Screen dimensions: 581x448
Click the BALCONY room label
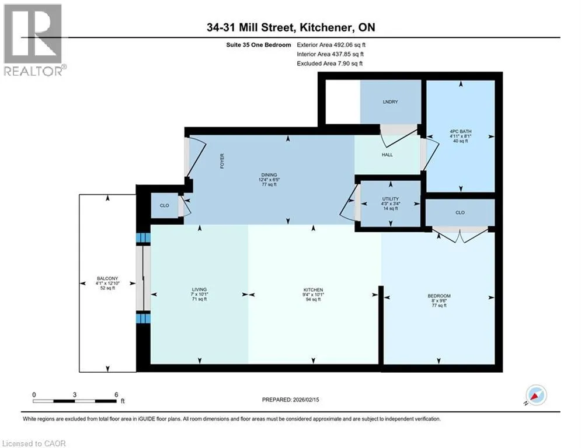pyautogui.click(x=107, y=278)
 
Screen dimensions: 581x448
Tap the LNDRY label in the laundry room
pyautogui.click(x=390, y=102)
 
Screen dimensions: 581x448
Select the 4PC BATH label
pyautogui.click(x=461, y=131)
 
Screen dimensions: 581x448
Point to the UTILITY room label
pyautogui.click(x=391, y=199)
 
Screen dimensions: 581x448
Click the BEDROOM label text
pyautogui.click(x=439, y=296)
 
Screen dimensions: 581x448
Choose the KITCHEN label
pyautogui.click(x=314, y=290)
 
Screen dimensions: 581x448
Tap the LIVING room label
pyautogui.click(x=199, y=289)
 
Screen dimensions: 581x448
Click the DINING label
pyautogui.click(x=269, y=175)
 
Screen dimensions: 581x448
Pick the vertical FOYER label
pyautogui.click(x=222, y=161)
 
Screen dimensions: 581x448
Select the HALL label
pyautogui.click(x=387, y=155)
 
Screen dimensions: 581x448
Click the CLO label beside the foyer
pyautogui.click(x=165, y=205)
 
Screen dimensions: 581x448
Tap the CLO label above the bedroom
pyautogui.click(x=460, y=212)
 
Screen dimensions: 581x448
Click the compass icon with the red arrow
pyautogui.click(x=536, y=395)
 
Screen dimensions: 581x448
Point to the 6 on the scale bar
pyautogui.click(x=116, y=395)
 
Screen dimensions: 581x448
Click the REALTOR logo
pyautogui.click(x=33, y=40)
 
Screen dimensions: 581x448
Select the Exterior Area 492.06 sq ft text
pyautogui.click(x=331, y=45)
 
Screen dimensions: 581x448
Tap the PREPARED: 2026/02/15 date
pyautogui.click(x=291, y=400)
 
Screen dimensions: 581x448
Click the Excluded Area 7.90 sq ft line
pyautogui.click(x=330, y=64)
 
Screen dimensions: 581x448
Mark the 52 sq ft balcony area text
pyautogui.click(x=107, y=288)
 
